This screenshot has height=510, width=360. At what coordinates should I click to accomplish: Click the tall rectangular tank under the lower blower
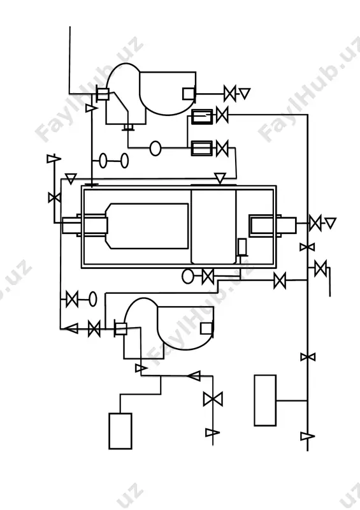[120, 431]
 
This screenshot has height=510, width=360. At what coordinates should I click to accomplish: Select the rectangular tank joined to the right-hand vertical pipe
[265, 400]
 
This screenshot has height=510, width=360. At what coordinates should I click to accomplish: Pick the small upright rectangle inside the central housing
[242, 247]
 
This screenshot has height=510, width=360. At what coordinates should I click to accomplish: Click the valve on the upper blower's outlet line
[230, 94]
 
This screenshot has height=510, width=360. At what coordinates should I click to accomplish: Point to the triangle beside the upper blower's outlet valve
[245, 93]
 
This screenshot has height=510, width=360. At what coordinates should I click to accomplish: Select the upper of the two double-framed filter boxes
[201, 117]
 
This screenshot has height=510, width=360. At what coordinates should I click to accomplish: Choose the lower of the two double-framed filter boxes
[201, 148]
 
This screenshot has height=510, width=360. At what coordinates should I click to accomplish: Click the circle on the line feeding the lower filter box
[155, 149]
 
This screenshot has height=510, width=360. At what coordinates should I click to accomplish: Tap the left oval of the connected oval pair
[103, 161]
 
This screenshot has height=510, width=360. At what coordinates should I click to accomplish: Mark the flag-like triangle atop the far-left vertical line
[54, 159]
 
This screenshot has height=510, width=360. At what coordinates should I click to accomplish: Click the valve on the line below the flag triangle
[54, 198]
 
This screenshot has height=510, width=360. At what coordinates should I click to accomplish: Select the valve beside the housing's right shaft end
[315, 223]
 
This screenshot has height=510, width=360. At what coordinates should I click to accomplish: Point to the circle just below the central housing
[187, 276]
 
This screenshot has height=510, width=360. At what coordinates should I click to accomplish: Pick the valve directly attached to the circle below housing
[208, 277]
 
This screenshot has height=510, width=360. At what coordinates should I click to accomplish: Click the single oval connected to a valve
[92, 299]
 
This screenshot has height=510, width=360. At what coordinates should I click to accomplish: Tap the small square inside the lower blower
[206, 328]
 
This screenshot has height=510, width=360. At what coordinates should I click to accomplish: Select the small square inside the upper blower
[189, 94]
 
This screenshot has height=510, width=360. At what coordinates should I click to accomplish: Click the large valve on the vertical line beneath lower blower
[213, 399]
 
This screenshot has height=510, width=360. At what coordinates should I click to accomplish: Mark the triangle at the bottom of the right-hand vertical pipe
[307, 436]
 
